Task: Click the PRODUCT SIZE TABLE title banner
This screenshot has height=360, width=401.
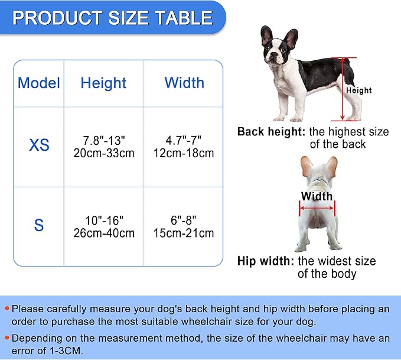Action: tap(112, 17)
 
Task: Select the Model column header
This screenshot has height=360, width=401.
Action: tap(39, 83)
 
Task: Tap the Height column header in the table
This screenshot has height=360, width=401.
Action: tap(103, 83)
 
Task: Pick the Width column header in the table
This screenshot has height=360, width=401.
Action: tap(184, 83)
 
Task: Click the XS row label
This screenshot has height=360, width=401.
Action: tap(39, 145)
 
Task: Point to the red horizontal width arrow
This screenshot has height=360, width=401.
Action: tap(317, 207)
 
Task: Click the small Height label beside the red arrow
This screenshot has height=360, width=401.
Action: tap(359, 90)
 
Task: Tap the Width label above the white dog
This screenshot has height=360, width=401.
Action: tap(317, 196)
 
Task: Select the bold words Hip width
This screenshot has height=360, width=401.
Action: tap(265, 261)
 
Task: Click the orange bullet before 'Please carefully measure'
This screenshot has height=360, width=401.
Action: tap(6, 309)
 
